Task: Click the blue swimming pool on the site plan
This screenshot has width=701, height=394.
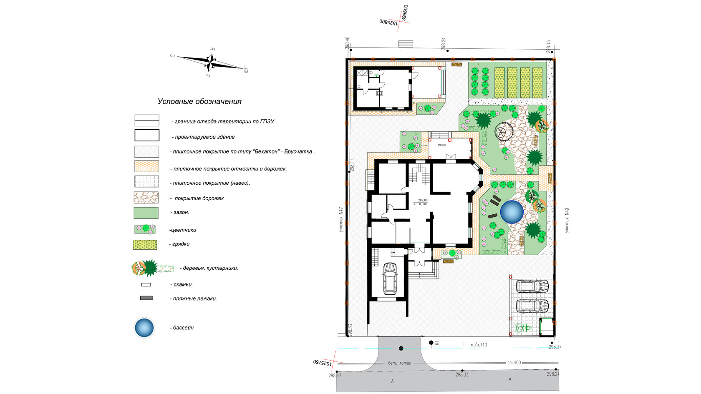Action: click(x=512, y=211)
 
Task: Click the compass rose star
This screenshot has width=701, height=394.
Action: click(x=211, y=62)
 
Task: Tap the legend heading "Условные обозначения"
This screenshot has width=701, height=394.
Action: click(x=199, y=101)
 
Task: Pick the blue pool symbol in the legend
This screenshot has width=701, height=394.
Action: click(x=144, y=328)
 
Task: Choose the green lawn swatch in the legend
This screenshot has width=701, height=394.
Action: click(x=146, y=213)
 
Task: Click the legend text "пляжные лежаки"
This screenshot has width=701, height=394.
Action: click(x=195, y=299)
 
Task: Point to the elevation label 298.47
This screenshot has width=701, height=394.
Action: click(x=335, y=376)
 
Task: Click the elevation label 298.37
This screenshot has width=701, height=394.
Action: click(x=555, y=347)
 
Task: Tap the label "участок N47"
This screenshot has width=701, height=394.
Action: click(x=341, y=220)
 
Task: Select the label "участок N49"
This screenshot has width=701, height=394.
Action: click(x=567, y=220)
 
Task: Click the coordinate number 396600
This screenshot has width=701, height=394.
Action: click(x=405, y=13)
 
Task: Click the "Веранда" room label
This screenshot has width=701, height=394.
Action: click(x=441, y=145)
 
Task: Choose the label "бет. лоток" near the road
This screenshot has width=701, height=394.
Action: click(x=399, y=363)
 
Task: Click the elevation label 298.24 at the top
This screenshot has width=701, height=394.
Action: click(x=443, y=43)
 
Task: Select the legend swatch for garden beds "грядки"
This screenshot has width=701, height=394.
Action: click(x=145, y=245)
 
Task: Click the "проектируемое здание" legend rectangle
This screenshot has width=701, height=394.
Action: click(x=147, y=136)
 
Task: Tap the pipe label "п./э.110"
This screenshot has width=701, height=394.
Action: click(x=479, y=345)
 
